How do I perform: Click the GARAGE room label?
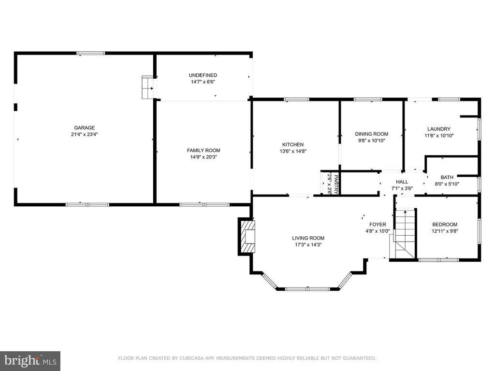coord(84,128)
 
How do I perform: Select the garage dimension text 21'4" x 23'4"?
coord(84,135)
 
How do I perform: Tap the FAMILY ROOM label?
coord(204,150)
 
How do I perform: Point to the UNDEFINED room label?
coord(203,75)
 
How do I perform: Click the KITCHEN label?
coord(293,144)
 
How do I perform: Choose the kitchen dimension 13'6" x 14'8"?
coord(293,151)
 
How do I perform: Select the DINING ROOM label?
coord(371,134)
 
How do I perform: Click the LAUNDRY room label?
coord(439,129)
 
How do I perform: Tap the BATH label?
coord(447,177)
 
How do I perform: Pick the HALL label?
coord(402,182)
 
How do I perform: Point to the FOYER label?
coord(378,225)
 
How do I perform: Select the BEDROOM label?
coord(445,225)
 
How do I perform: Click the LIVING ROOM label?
coord(308,238)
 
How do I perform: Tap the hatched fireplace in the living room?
coord(248,236)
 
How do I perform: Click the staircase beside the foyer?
coord(405,233)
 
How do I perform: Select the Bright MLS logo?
coord(30,360)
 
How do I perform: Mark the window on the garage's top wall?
coord(91,53)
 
